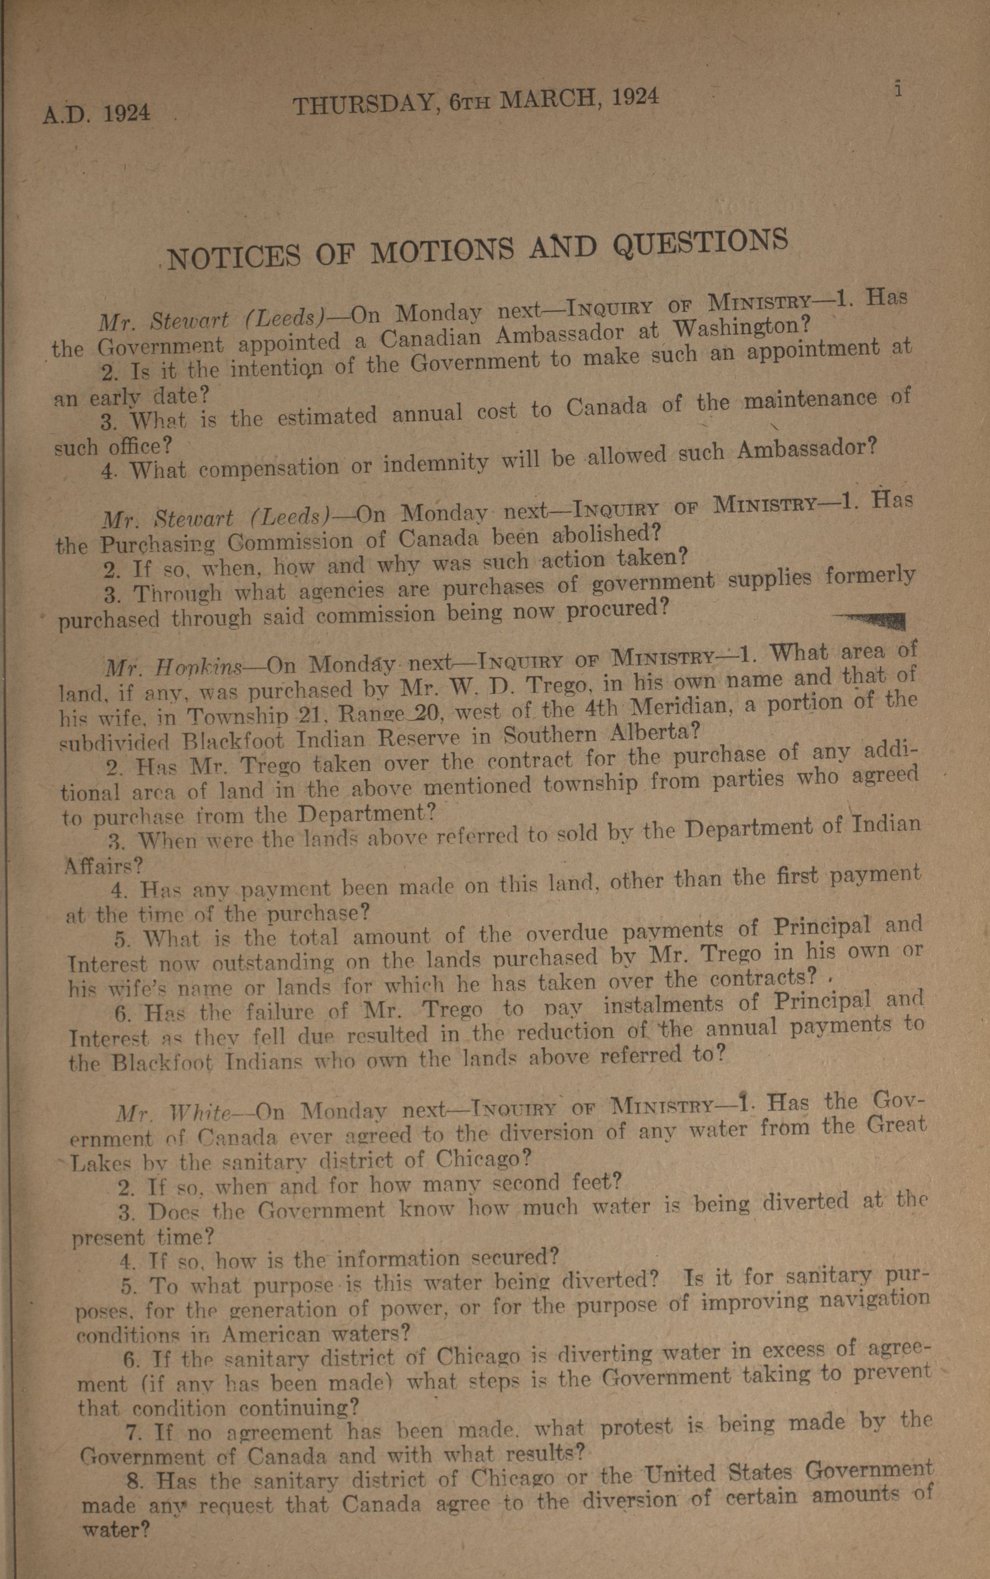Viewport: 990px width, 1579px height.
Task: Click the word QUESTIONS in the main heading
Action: (x=700, y=244)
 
